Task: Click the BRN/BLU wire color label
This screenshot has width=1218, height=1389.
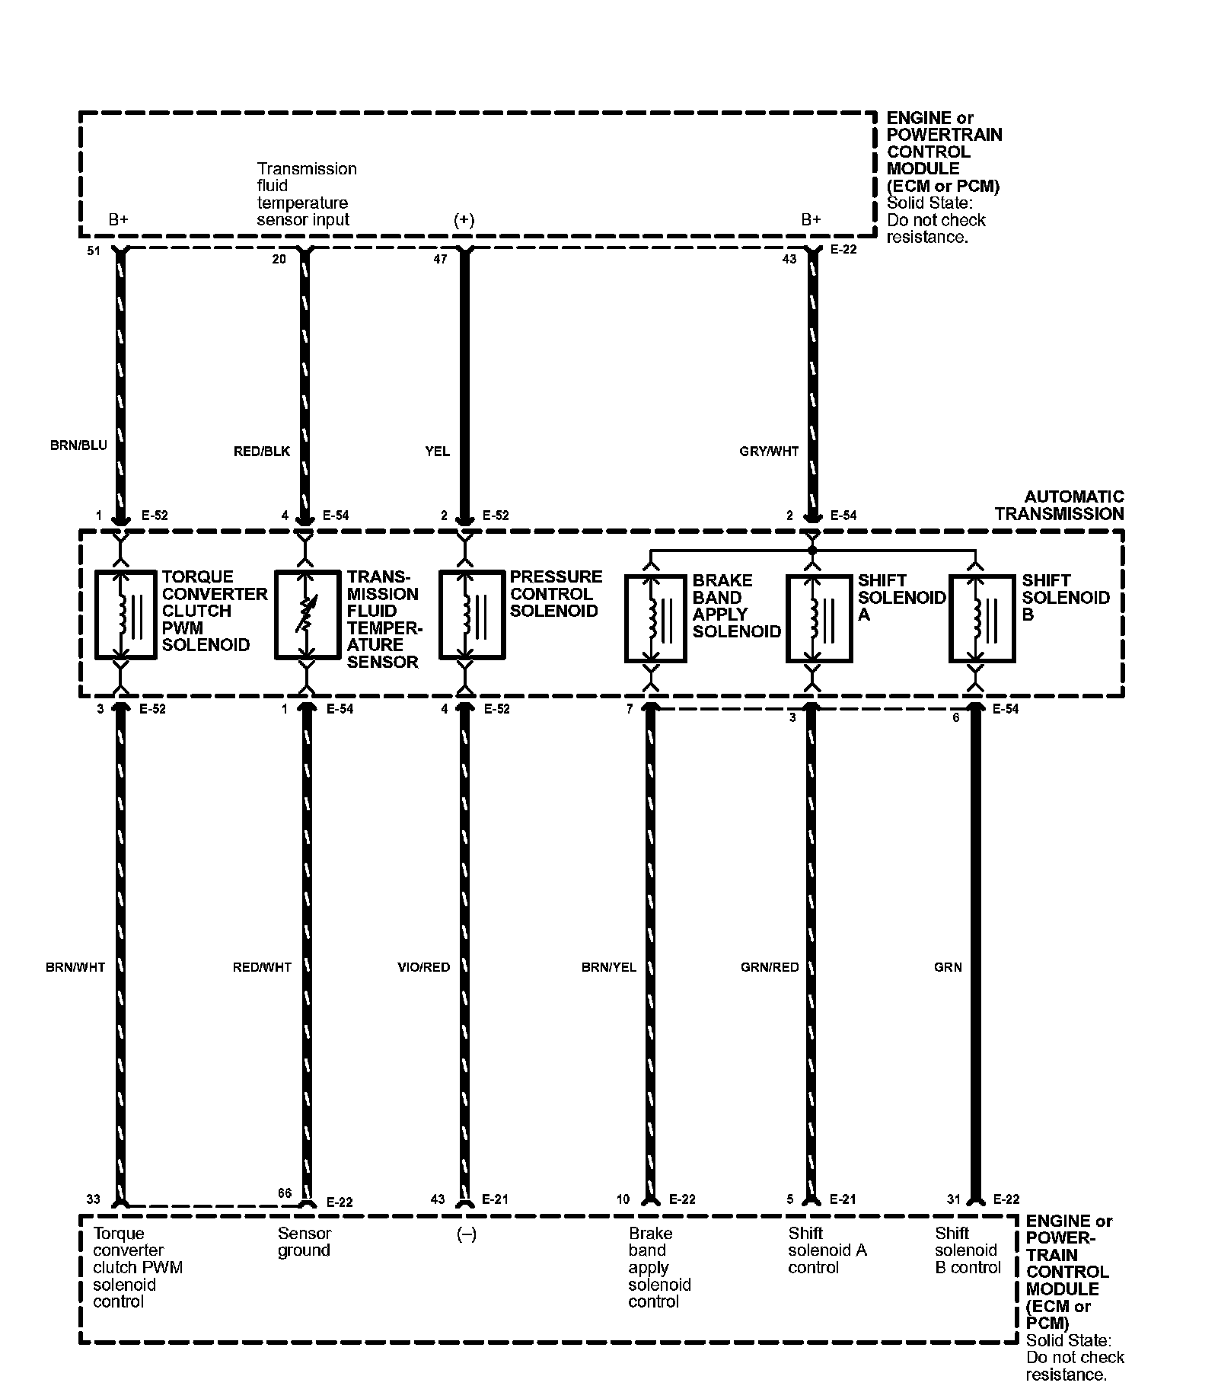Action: pos(78,445)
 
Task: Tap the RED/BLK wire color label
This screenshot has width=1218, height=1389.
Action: pos(262,452)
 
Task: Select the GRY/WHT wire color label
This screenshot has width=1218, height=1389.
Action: pos(769,452)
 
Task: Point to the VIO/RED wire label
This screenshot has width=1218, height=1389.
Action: pos(424,967)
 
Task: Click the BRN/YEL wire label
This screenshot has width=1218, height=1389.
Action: pos(608,967)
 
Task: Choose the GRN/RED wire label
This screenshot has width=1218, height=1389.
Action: pos(770,967)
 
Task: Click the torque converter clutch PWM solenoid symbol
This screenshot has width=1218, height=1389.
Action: pos(126,614)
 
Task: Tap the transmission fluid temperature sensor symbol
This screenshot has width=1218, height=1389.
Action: pos(307,614)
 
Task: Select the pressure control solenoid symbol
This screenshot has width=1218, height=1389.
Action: pos(471,614)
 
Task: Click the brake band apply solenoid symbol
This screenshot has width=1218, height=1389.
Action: pos(657,618)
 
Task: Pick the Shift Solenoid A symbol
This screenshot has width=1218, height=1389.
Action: pos(818,618)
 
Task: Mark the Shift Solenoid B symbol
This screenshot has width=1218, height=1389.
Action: pos(982,618)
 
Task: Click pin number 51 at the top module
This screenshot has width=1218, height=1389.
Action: pos(94,251)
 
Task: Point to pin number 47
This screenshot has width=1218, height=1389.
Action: pos(440,259)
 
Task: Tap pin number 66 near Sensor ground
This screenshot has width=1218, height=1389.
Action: pos(285,1193)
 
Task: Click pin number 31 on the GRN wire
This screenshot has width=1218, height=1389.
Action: pos(954,1199)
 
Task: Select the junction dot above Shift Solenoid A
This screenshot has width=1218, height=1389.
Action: pos(812,550)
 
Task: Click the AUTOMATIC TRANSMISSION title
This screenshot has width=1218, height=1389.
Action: pos(1059,506)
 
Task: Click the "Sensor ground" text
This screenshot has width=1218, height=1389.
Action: pos(304,1242)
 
